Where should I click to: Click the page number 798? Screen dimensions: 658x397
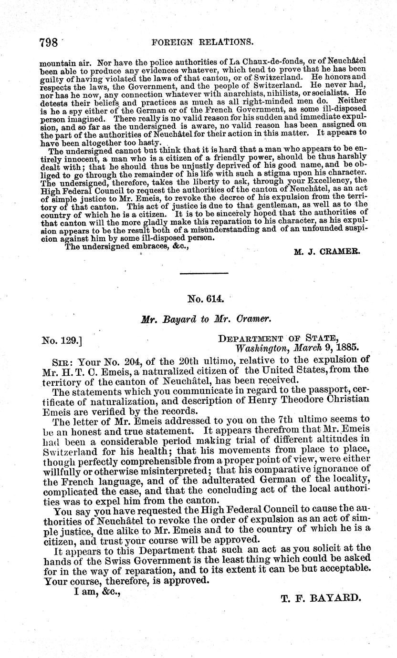click(x=49, y=42)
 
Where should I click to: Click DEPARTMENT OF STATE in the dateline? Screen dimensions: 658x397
click(x=286, y=339)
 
